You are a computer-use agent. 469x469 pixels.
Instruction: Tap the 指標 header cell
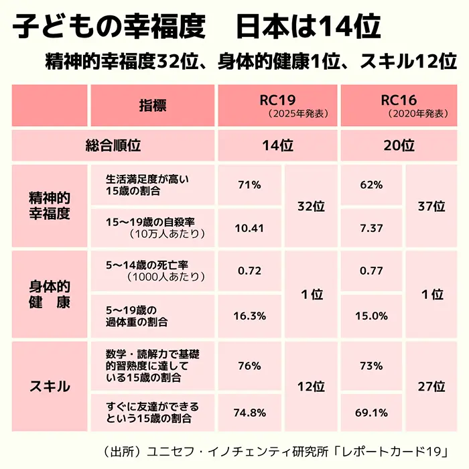click(x=153, y=105)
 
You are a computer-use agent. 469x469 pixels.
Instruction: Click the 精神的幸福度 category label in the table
click(x=50, y=206)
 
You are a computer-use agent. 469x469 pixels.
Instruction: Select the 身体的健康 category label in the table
click(x=50, y=294)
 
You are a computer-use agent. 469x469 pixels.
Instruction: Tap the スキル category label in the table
click(x=50, y=387)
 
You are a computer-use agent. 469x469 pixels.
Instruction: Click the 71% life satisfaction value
click(x=249, y=184)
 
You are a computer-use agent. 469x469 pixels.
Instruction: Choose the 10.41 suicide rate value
click(x=249, y=228)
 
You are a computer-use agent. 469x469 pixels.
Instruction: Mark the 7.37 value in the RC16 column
click(x=371, y=228)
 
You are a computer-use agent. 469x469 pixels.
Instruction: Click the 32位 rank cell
click(x=311, y=206)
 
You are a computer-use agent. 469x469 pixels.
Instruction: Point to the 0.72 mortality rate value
click(x=249, y=271)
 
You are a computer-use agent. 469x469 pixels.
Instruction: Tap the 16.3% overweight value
click(x=249, y=315)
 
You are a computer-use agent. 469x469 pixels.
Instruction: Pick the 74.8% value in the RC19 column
click(x=249, y=412)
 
